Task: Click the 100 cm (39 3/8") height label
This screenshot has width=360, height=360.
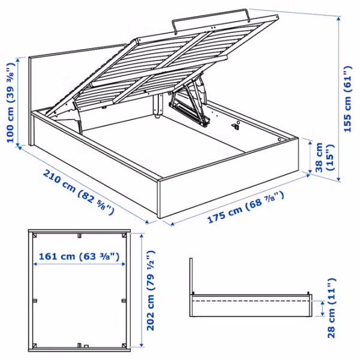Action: pos(11,103)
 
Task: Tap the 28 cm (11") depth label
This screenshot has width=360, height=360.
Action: pos(331,308)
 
